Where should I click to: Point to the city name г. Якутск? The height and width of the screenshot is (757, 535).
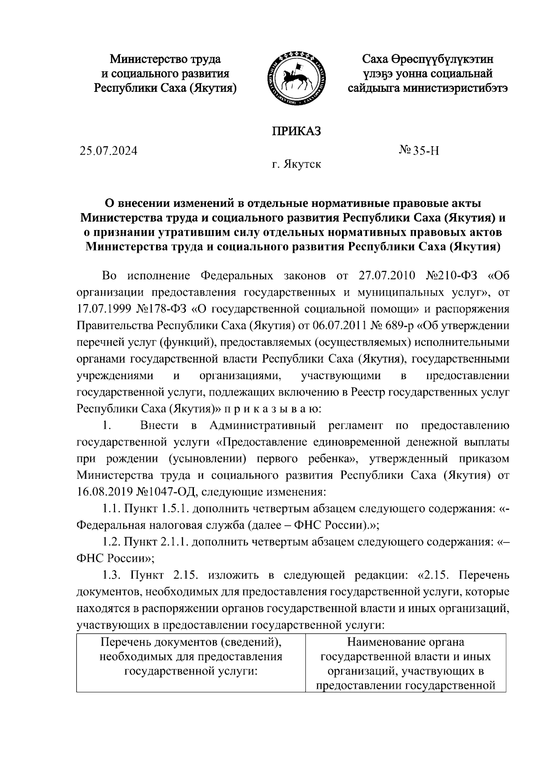tap(296, 165)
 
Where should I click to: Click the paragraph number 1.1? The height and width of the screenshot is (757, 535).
tap(111, 509)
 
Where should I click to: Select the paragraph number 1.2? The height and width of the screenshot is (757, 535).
tap(111, 542)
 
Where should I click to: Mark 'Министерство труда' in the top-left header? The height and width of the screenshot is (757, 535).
tap(165, 59)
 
